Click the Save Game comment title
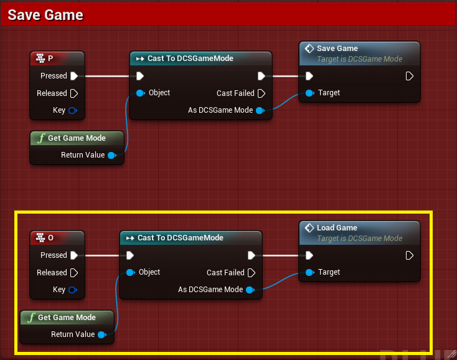45,15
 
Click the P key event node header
57,59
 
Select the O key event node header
57,238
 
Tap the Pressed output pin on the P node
74,76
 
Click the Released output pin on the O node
74,273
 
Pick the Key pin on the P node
73,110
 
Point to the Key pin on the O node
73,290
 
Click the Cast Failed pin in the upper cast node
261,93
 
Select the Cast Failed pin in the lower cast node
251,273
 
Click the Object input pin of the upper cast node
140,93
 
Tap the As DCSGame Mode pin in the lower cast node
250,290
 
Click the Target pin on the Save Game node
309,93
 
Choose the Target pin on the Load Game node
309,272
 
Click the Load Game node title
337,228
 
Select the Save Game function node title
337,49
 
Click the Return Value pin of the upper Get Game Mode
112,155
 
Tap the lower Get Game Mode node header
67,318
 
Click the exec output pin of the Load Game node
409,255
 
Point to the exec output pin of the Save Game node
409,76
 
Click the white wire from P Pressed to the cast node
106,76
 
